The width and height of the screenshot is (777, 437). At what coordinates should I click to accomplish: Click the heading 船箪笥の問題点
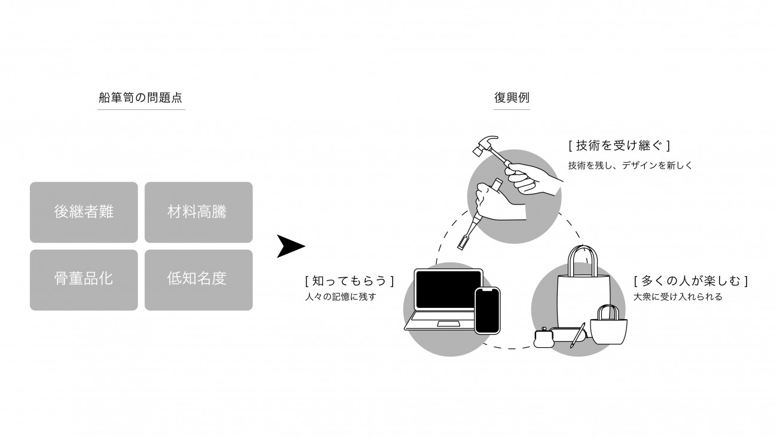coord(141,98)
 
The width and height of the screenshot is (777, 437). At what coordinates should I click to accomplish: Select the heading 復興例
coord(512,98)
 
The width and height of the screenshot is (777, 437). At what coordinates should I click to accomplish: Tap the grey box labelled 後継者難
coord(84,212)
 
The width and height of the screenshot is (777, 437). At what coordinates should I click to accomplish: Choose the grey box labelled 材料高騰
coord(198,212)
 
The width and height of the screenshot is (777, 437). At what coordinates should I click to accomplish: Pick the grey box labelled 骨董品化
coord(84,279)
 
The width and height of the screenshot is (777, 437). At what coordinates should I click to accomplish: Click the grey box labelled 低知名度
coord(198,279)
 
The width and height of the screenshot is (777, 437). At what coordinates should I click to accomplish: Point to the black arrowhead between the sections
coord(289,246)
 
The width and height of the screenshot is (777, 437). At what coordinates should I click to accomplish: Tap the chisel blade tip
coord(462,245)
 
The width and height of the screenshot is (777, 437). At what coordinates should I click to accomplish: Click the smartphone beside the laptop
coord(487,310)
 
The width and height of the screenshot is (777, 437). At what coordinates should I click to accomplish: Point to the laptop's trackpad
coord(448,324)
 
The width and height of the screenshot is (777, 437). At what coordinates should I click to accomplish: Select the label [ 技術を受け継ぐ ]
coord(619,145)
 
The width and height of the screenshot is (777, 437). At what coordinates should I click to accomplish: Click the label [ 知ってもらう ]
coord(349,280)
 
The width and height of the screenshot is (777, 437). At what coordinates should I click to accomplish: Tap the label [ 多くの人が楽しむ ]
coord(691,280)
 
